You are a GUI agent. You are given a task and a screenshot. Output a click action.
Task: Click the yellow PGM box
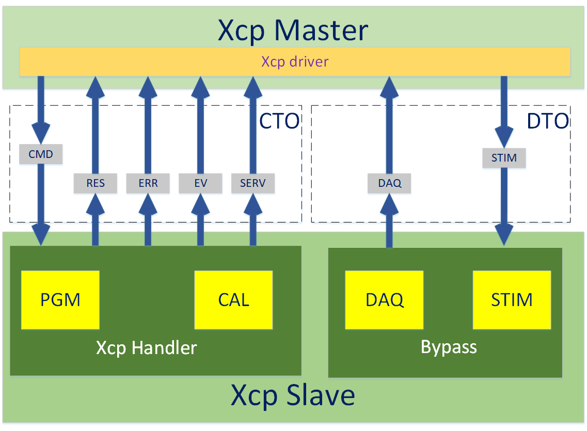(x=60, y=300)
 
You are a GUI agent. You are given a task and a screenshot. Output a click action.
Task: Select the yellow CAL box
(x=233, y=300)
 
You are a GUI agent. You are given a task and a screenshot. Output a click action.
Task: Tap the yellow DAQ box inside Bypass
(x=385, y=300)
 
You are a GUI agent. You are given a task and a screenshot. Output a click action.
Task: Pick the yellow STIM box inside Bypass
(x=512, y=300)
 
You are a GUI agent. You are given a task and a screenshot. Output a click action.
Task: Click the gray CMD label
(x=41, y=154)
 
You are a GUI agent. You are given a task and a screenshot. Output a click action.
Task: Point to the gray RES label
(x=96, y=183)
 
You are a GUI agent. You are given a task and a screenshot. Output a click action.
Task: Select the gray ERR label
(x=148, y=183)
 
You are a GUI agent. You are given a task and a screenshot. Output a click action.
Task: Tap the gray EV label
(x=200, y=183)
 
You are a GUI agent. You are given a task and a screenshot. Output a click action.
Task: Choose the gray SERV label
(x=253, y=183)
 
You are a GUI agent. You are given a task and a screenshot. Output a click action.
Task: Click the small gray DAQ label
(x=389, y=183)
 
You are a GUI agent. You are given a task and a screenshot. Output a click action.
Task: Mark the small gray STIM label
(x=504, y=157)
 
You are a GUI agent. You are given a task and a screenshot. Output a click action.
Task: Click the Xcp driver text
(x=295, y=62)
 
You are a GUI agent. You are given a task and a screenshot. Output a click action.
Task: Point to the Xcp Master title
(x=293, y=30)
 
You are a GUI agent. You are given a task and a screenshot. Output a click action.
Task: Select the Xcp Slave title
(x=293, y=396)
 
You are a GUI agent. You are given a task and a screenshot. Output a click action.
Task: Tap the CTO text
(x=279, y=121)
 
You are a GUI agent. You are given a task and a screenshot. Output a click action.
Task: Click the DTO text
(x=548, y=121)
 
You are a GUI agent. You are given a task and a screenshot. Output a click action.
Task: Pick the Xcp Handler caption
(x=147, y=348)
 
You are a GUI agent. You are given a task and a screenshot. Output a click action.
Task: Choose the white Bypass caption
(x=449, y=347)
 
